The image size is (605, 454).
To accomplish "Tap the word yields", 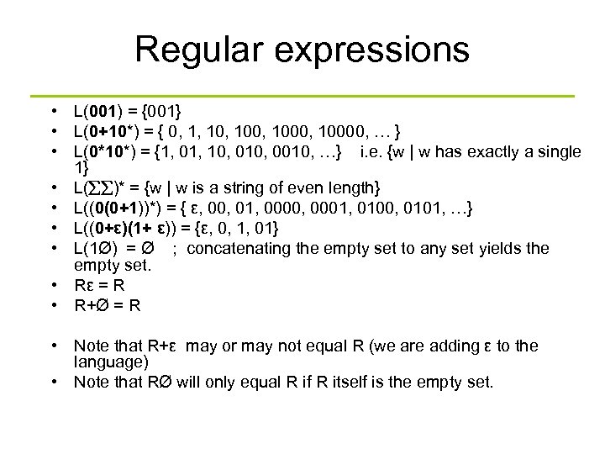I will [497, 248].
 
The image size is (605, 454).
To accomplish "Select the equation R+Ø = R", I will [108, 304].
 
